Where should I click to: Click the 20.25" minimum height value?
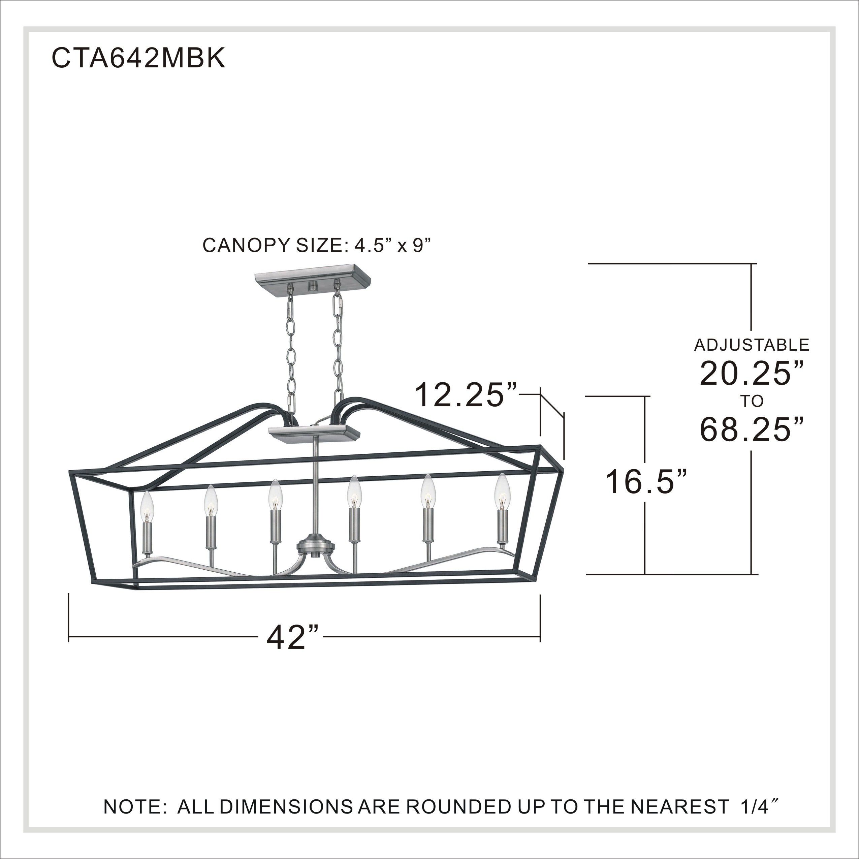click(752, 374)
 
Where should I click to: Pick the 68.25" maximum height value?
click(752, 430)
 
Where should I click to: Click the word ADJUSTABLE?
click(752, 345)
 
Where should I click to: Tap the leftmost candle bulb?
click(147, 507)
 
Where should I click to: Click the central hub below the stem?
click(315, 546)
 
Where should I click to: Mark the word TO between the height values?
click(752, 402)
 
